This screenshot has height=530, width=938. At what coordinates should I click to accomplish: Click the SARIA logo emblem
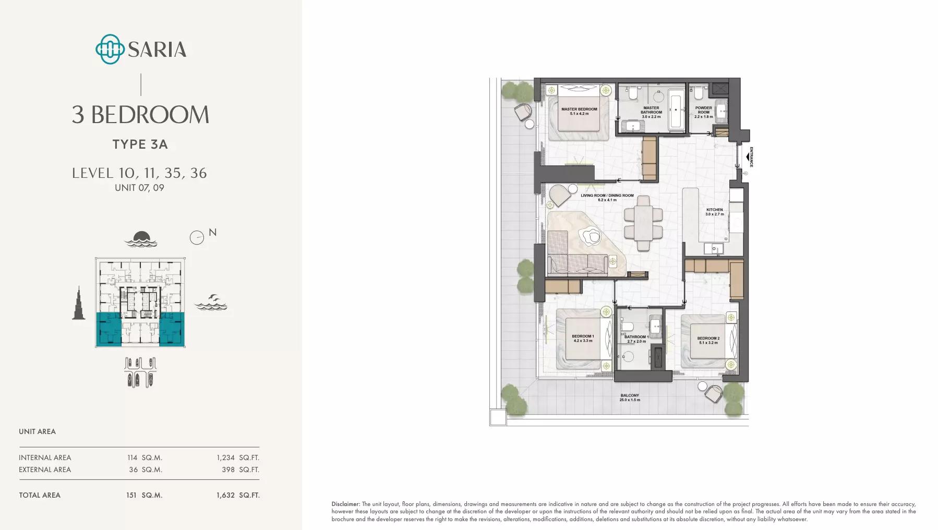110,50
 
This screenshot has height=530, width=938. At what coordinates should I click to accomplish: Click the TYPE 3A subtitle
140,144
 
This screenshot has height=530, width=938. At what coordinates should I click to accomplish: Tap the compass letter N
212,233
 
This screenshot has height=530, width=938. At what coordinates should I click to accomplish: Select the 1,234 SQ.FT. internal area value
238,457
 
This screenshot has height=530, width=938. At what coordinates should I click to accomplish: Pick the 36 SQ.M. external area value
146,469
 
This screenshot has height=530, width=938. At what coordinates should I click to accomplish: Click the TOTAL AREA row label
40,495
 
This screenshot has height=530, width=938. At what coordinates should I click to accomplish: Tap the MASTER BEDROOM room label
579,112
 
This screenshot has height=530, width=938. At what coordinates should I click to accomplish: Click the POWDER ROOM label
704,112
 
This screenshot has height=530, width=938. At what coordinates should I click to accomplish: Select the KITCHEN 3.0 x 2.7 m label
715,212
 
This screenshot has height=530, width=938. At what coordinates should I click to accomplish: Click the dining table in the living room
643,223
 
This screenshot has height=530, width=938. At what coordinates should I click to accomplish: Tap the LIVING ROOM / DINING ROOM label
607,198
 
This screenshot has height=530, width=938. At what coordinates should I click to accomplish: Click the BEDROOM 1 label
583,338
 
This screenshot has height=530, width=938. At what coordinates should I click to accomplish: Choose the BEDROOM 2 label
708,340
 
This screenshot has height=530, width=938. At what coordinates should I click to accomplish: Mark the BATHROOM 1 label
636,339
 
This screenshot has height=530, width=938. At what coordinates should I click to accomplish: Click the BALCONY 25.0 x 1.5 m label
630,397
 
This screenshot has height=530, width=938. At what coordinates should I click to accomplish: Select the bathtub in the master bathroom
676,110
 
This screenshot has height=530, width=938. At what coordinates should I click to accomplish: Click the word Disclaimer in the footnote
345,504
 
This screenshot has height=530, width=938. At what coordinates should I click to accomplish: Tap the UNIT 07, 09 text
139,188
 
